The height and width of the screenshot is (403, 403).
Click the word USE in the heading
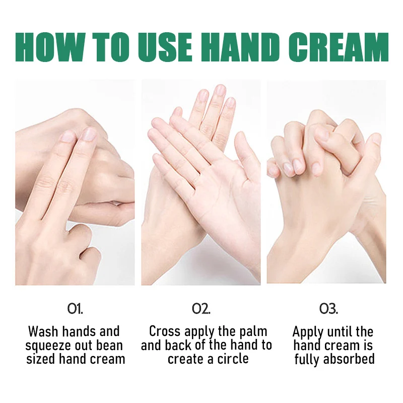pyautogui.click(x=166, y=47)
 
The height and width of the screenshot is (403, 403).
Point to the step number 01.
pyautogui.click(x=75, y=309)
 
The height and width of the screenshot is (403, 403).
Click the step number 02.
pyautogui.click(x=201, y=309)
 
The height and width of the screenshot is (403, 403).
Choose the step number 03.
pyautogui.click(x=328, y=309)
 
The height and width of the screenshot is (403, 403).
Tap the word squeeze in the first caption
pyautogui.click(x=48, y=346)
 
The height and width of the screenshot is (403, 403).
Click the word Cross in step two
pyautogui.click(x=165, y=331)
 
